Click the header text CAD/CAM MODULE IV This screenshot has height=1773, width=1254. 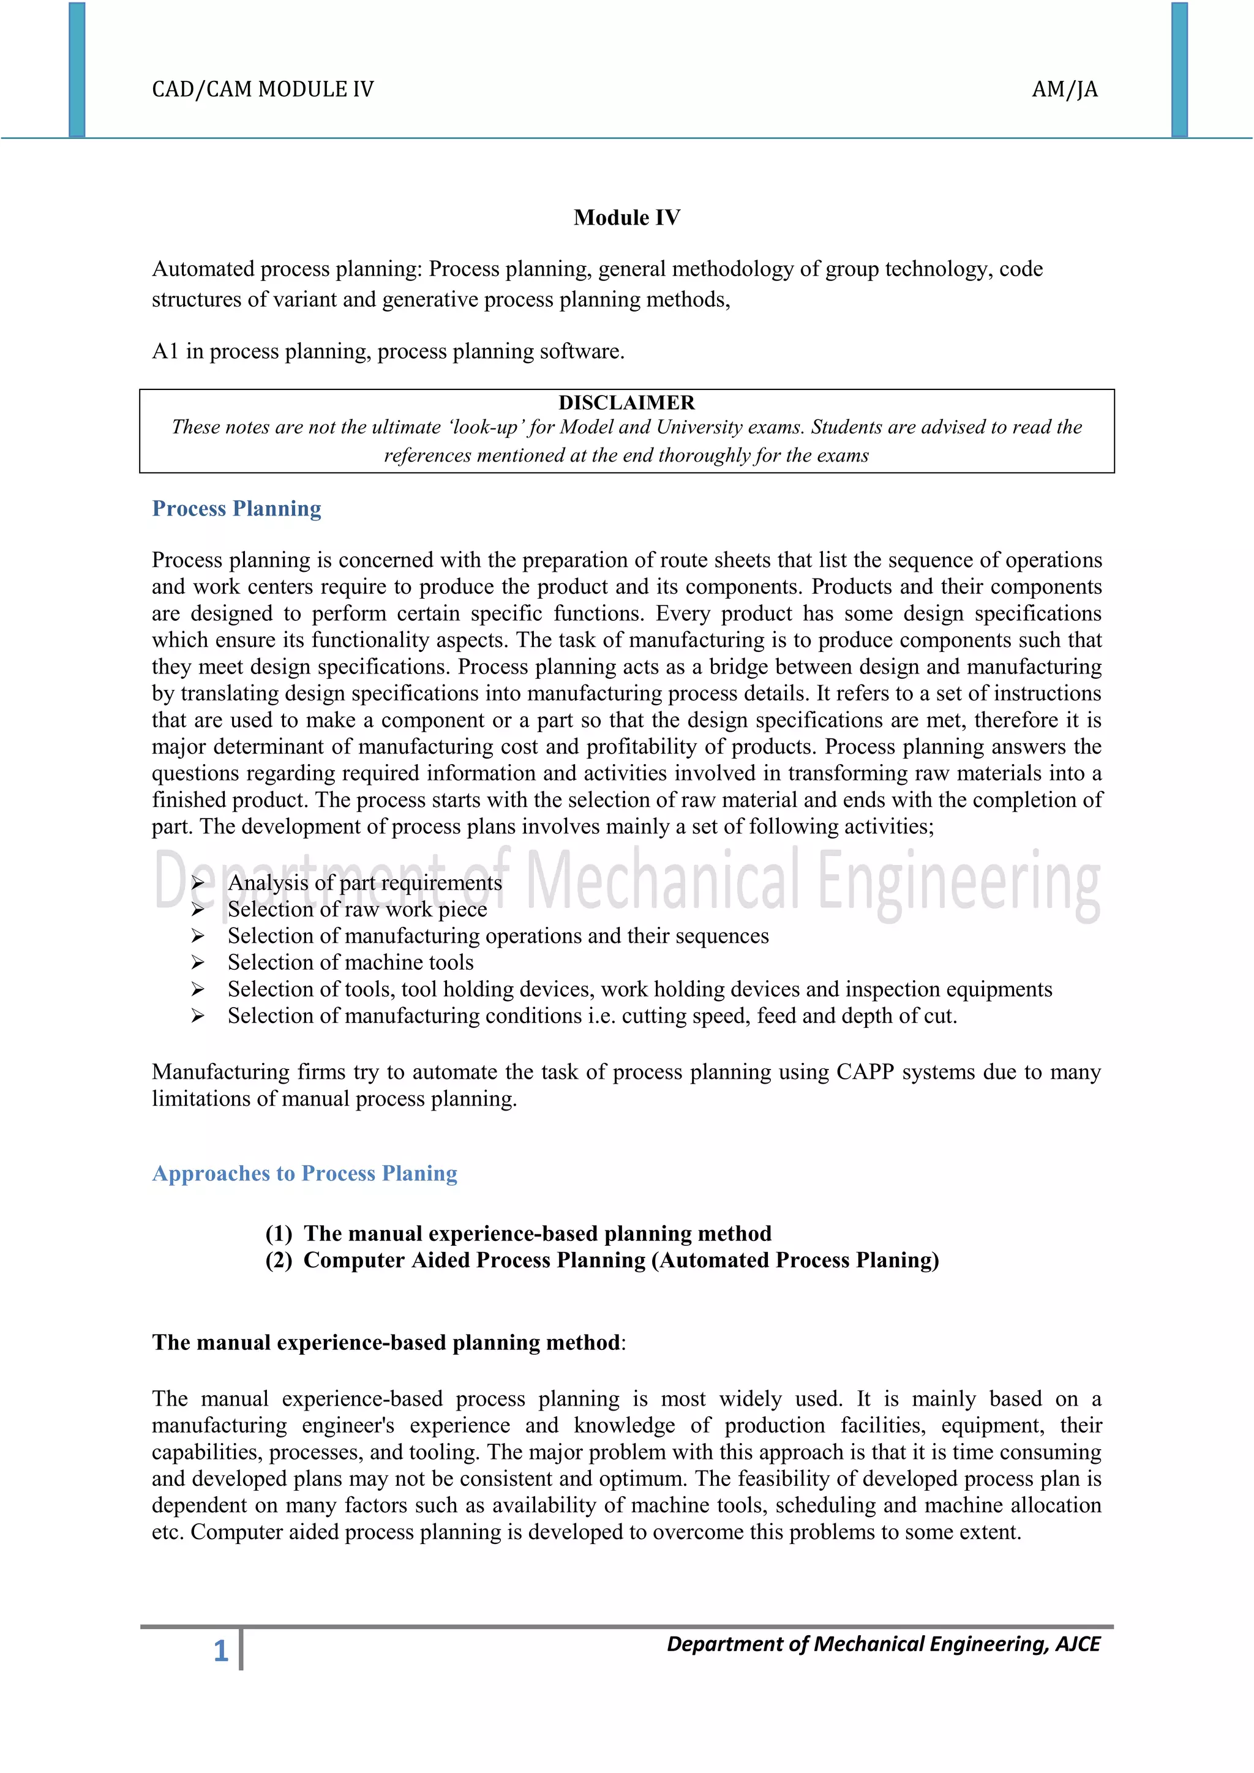(x=263, y=89)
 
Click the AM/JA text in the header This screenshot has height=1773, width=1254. (x=1064, y=89)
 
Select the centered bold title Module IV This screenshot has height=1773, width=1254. (x=626, y=218)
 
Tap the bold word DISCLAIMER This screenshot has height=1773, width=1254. (x=626, y=403)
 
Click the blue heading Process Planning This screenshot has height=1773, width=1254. (x=236, y=509)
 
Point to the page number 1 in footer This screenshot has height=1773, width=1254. (x=221, y=1651)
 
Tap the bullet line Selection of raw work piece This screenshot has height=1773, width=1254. (x=357, y=910)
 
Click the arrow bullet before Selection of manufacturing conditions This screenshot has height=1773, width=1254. (x=198, y=1016)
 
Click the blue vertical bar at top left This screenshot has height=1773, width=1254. (x=77, y=70)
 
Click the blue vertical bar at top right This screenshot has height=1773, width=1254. (x=1179, y=70)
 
